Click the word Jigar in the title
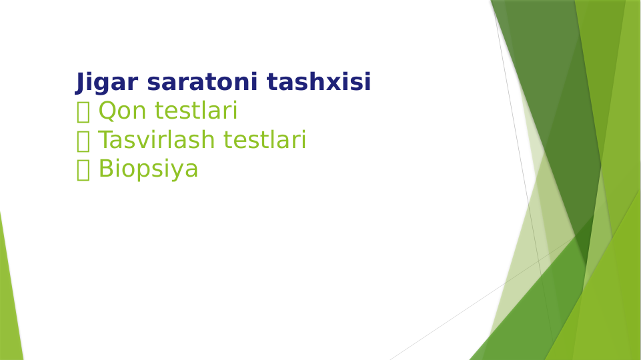[107, 83]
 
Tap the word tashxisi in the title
[319, 83]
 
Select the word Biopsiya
[148, 169]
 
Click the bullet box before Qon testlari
[83, 112]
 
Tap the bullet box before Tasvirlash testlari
[83, 141]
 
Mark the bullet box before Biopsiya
[83, 170]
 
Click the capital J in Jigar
[80, 83]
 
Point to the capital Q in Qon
[107, 111]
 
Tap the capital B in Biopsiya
[105, 169]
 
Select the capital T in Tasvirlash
[105, 140]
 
